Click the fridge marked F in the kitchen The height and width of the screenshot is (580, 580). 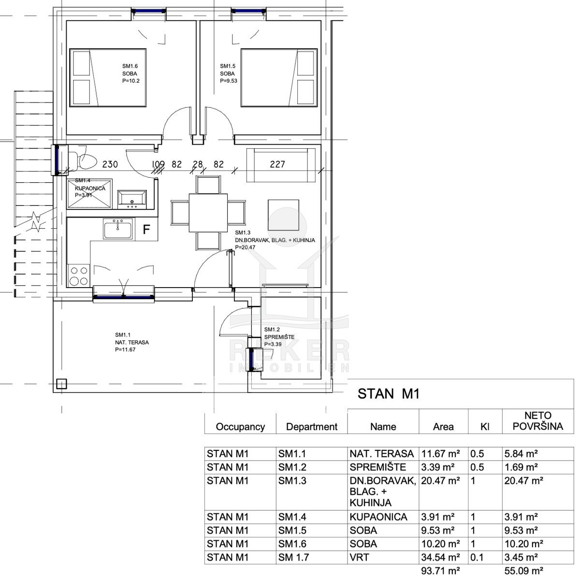tap(146, 230)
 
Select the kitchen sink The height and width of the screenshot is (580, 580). tap(117, 229)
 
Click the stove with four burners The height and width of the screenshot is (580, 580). tap(78, 275)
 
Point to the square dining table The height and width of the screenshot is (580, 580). tap(208, 213)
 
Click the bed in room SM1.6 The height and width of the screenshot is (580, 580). tap(108, 78)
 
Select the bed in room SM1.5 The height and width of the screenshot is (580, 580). tap(279, 78)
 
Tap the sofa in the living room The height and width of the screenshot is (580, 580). tap(281, 165)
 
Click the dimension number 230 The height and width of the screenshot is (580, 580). tap(110, 164)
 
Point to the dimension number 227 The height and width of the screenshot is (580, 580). tap(277, 164)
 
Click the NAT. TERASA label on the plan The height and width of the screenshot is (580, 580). tap(132, 342)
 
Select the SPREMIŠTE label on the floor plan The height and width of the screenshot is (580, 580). tap(279, 337)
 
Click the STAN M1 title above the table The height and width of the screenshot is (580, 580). tap(388, 394)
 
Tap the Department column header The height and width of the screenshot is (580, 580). tap(312, 427)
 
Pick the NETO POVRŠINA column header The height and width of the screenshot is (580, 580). tap(538, 421)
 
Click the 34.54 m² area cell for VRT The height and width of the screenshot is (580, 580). tap(440, 557)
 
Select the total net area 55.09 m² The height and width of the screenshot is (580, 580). tap(524, 571)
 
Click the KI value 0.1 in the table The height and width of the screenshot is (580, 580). tap(477, 557)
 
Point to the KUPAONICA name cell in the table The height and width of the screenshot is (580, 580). tap(378, 517)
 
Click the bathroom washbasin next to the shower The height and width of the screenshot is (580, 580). tap(132, 200)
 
